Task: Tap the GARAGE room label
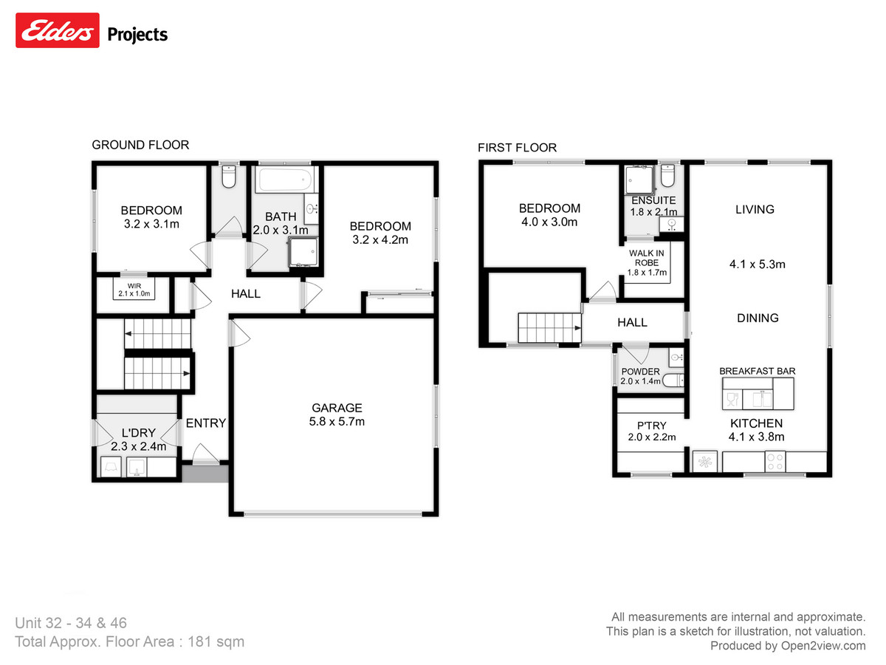coord(337,407)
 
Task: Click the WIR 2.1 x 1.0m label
coord(134,290)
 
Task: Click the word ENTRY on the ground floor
coord(205,423)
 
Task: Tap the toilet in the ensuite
coord(668,178)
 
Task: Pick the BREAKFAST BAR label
coord(757,371)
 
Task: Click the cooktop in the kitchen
coord(776,462)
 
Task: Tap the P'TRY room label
coord(652,425)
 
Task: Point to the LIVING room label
coord(755,209)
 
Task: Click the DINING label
coord(758,318)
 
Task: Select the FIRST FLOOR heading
coord(517,148)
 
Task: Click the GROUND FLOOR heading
coord(140,145)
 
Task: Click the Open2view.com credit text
coord(788,646)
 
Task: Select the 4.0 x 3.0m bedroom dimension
coord(549,222)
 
